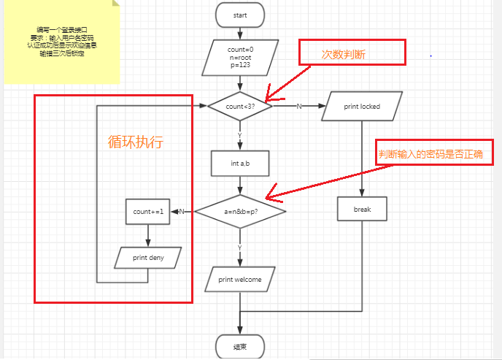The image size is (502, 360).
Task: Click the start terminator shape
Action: [240, 15]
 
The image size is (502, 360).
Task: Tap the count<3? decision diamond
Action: [240, 107]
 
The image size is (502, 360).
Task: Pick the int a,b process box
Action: [240, 164]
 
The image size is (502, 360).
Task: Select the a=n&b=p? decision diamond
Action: [240, 212]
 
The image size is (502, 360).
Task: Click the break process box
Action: [362, 210]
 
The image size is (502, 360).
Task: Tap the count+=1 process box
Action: [148, 212]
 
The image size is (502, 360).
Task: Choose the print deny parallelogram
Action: [148, 258]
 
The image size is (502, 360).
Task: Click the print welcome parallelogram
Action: [240, 279]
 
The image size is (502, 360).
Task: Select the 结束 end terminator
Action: [240, 346]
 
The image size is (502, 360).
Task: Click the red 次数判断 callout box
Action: [352, 53]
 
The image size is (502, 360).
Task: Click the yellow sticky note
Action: [61, 42]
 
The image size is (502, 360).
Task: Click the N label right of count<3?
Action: [299, 107]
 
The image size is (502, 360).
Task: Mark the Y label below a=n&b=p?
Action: [240, 248]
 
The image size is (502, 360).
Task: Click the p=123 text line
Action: [240, 65]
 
